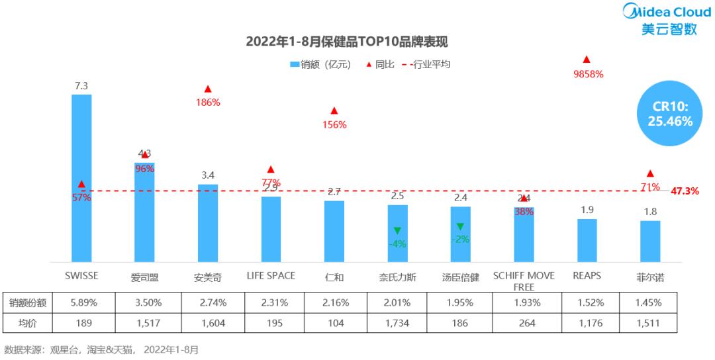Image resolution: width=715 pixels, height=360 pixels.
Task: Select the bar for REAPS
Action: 587,240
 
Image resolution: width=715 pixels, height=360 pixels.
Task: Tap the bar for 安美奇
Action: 208,222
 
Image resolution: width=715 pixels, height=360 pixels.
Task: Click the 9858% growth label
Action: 588,74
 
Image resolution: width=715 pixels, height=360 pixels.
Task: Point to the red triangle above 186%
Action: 208,89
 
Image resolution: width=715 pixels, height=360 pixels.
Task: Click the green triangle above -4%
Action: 397,230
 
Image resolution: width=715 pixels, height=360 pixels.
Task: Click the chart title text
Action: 347,42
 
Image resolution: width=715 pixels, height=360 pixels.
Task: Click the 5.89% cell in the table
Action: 84,302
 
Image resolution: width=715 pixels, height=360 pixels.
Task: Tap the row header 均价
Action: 27,323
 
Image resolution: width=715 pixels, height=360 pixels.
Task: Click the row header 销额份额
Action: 27,302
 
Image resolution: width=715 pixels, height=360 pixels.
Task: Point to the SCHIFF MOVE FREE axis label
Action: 524,281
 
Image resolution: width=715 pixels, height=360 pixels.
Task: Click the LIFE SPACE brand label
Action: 271,275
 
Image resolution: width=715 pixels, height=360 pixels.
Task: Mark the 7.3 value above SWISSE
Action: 81,85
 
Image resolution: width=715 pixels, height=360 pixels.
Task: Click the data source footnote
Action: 101,349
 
